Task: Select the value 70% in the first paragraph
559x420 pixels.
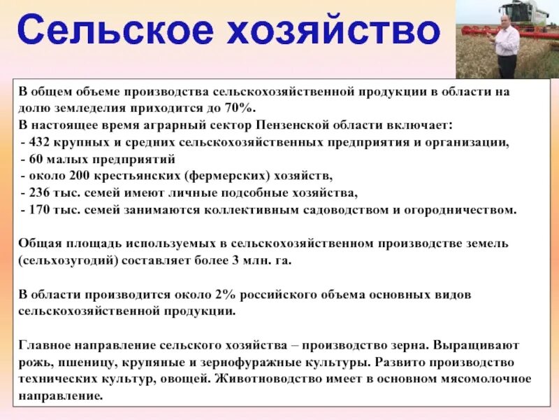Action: [242, 109]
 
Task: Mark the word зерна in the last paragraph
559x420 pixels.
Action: [408, 346]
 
